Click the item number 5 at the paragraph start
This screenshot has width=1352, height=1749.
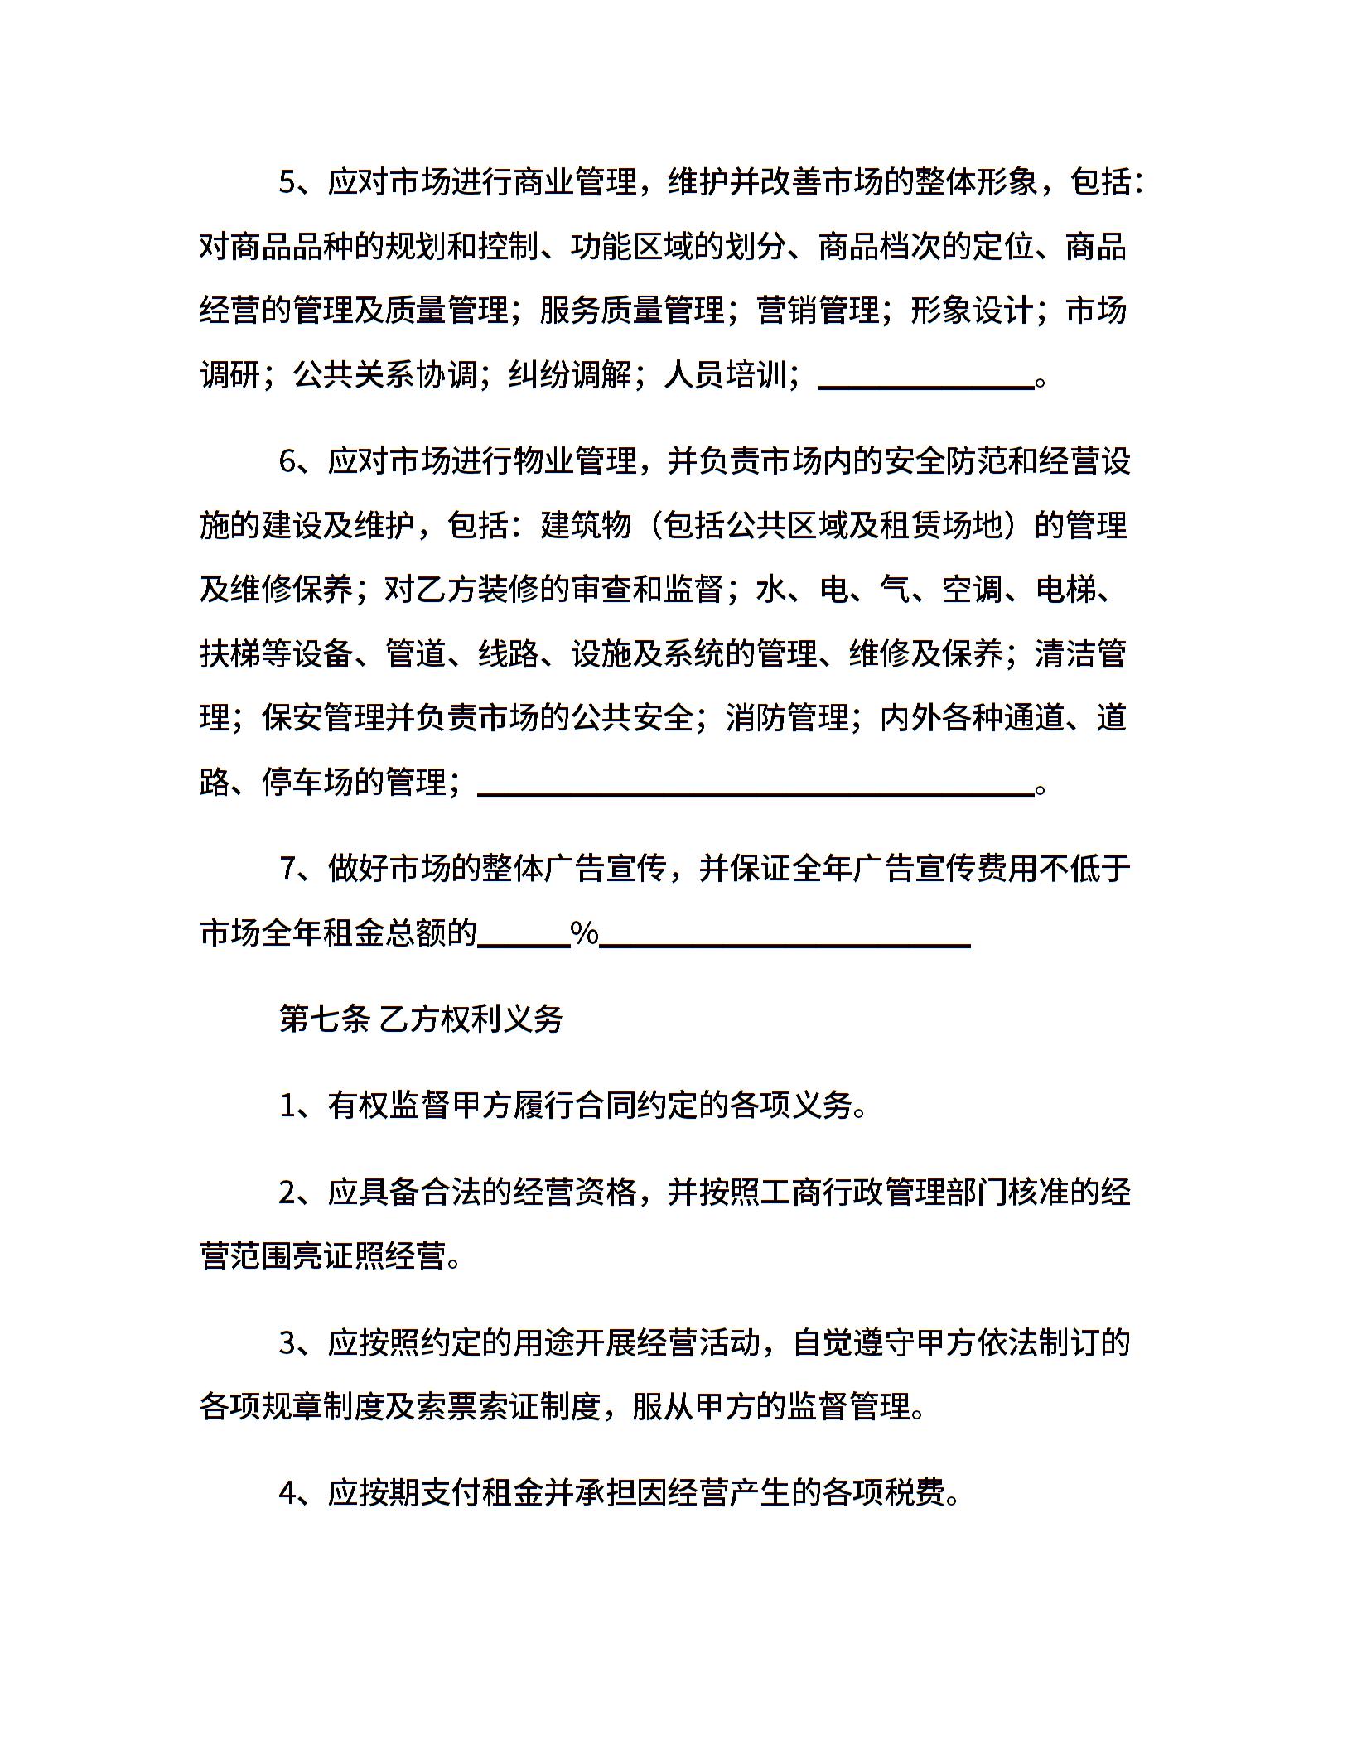pyautogui.click(x=287, y=182)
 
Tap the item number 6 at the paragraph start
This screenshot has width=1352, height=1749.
pyautogui.click(x=287, y=461)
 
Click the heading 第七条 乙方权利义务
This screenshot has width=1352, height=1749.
pyautogui.click(x=421, y=1019)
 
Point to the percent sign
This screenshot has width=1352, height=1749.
pyautogui.click(x=585, y=934)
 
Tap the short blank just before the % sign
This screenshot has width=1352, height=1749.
pyautogui.click(x=524, y=943)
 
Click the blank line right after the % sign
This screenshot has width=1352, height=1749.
pyautogui.click(x=785, y=943)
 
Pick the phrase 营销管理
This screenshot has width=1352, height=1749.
pyautogui.click(x=818, y=311)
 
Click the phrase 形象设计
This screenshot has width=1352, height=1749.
pyautogui.click(x=972, y=311)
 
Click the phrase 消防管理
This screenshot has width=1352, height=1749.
pyautogui.click(x=787, y=717)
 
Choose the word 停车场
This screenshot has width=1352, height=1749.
pyautogui.click(x=308, y=782)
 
